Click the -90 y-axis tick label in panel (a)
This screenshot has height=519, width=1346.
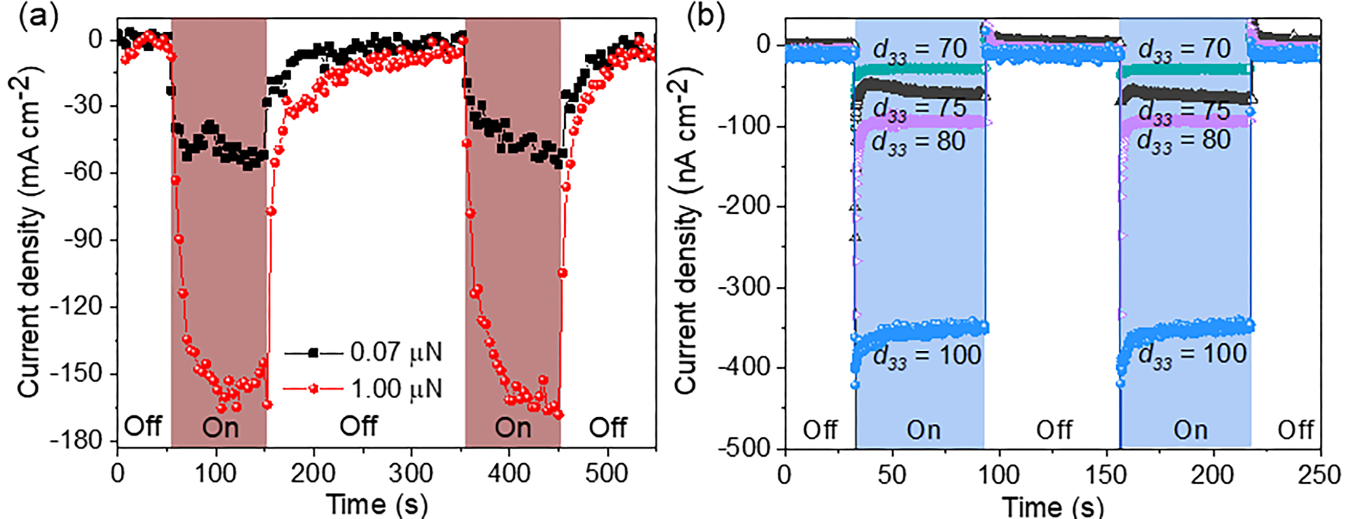click(x=83, y=240)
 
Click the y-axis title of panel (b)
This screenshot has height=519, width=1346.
click(x=689, y=235)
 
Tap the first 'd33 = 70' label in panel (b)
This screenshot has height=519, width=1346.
click(x=920, y=51)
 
